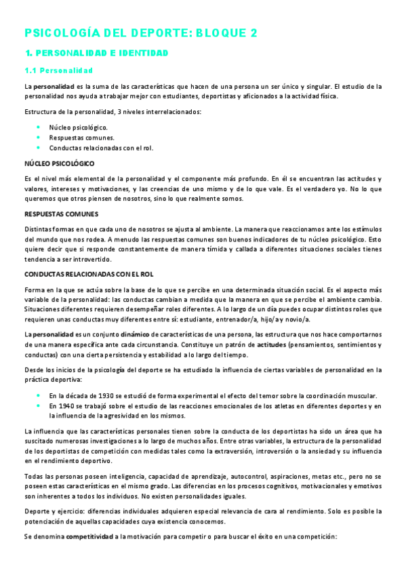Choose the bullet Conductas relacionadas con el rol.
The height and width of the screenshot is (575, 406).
tap(101, 147)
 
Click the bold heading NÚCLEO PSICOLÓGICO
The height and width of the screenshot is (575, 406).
tap(59, 163)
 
